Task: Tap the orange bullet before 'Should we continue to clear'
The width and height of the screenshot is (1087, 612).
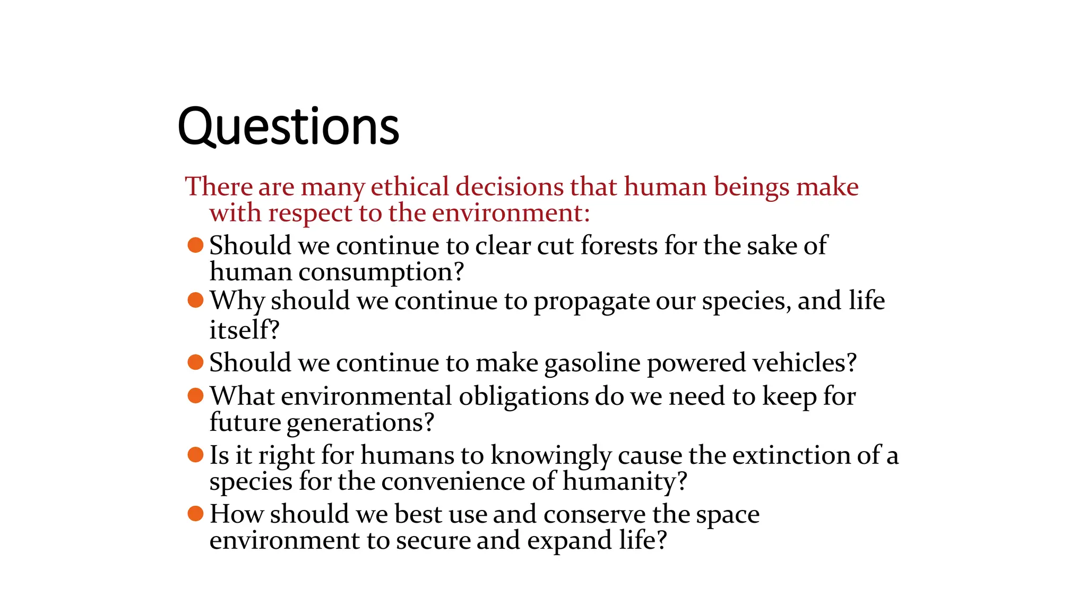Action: coord(196,245)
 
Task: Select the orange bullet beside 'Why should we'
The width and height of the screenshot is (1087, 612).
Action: coord(196,300)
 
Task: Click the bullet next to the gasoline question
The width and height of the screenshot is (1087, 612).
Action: coord(196,362)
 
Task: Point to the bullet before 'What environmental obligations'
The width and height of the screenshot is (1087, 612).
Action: coord(196,396)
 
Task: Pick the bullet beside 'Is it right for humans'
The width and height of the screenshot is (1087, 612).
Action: coord(196,455)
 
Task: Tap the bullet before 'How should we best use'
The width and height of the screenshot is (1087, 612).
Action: coord(196,514)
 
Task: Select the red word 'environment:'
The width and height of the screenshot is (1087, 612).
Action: coord(511,213)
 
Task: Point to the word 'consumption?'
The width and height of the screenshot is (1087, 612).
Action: coord(381,272)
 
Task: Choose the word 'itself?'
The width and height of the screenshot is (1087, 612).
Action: coord(244,329)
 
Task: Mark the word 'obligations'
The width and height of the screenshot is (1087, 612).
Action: coord(523,396)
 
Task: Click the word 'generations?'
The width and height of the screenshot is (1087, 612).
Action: coord(360,423)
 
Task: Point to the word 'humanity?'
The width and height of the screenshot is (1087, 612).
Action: coord(625,482)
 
